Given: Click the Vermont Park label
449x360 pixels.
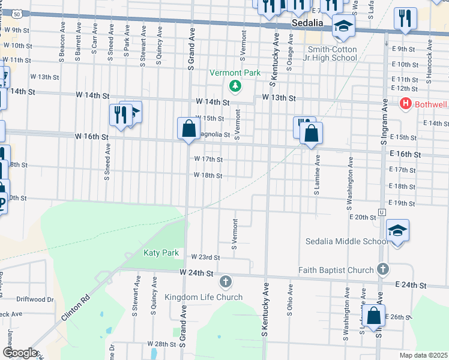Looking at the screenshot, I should (x=235, y=73).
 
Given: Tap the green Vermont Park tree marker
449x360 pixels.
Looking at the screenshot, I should (x=235, y=87).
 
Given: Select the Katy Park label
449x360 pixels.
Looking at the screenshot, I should (x=161, y=253).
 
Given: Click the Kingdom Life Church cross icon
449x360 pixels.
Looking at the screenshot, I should (x=226, y=281).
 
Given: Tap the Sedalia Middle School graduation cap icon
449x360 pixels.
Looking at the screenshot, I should (x=397, y=231).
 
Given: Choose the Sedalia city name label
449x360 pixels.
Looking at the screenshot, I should (x=308, y=23).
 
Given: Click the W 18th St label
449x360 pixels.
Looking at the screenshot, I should (x=208, y=176).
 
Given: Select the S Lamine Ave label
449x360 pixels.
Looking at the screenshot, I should (x=318, y=174).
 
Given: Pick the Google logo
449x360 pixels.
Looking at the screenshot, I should (x=20, y=353).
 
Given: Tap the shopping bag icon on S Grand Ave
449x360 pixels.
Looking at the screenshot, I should (x=188, y=128).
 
